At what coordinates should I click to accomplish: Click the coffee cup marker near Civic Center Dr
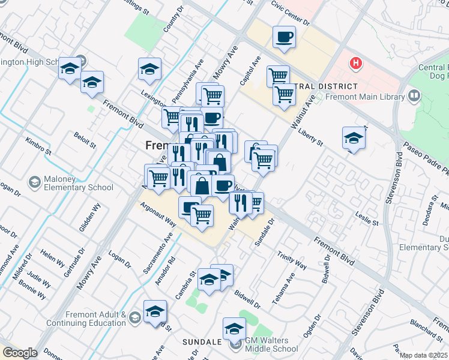point(284,38)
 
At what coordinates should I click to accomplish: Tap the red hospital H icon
point(357,62)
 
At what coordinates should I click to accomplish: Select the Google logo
point(20,352)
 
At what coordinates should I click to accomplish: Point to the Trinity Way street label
point(292,260)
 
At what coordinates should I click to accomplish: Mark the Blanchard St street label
point(426,331)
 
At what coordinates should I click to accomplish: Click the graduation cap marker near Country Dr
point(149,70)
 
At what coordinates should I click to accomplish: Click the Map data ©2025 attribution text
point(424,355)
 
